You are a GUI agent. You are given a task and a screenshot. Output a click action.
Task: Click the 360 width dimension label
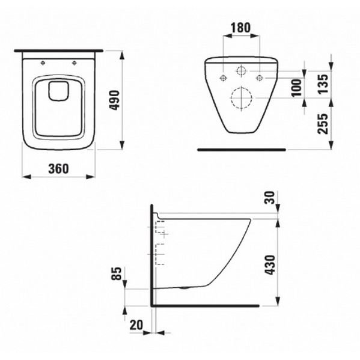point(58,169)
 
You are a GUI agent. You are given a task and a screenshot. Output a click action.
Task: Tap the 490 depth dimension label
point(115,100)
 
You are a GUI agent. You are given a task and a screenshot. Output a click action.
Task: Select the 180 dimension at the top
point(240,28)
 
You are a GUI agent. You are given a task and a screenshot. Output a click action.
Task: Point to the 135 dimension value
point(323,84)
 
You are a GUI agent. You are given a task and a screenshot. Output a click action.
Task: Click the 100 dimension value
point(296,88)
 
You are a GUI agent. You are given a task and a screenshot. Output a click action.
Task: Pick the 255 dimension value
point(323,124)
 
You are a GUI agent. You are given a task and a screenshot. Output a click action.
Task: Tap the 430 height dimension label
point(270,264)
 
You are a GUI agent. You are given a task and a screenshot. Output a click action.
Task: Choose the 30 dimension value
point(270,198)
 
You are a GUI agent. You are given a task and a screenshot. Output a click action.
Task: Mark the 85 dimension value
point(116,273)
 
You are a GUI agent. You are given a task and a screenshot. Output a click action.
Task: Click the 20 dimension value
point(136,325)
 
